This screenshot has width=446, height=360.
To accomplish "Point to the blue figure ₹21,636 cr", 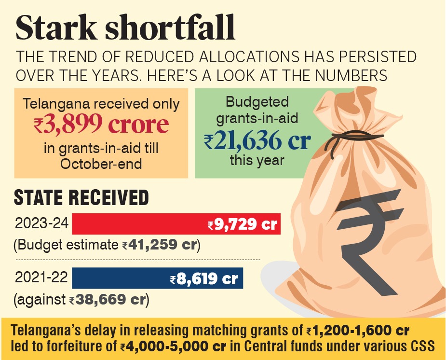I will pyautogui.click(x=257, y=140).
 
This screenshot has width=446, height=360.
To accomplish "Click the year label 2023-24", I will pyautogui.click(x=41, y=224).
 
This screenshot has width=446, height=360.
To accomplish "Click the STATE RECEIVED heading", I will pyautogui.click(x=81, y=198).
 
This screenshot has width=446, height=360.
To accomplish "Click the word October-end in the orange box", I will pyautogui.click(x=101, y=163).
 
